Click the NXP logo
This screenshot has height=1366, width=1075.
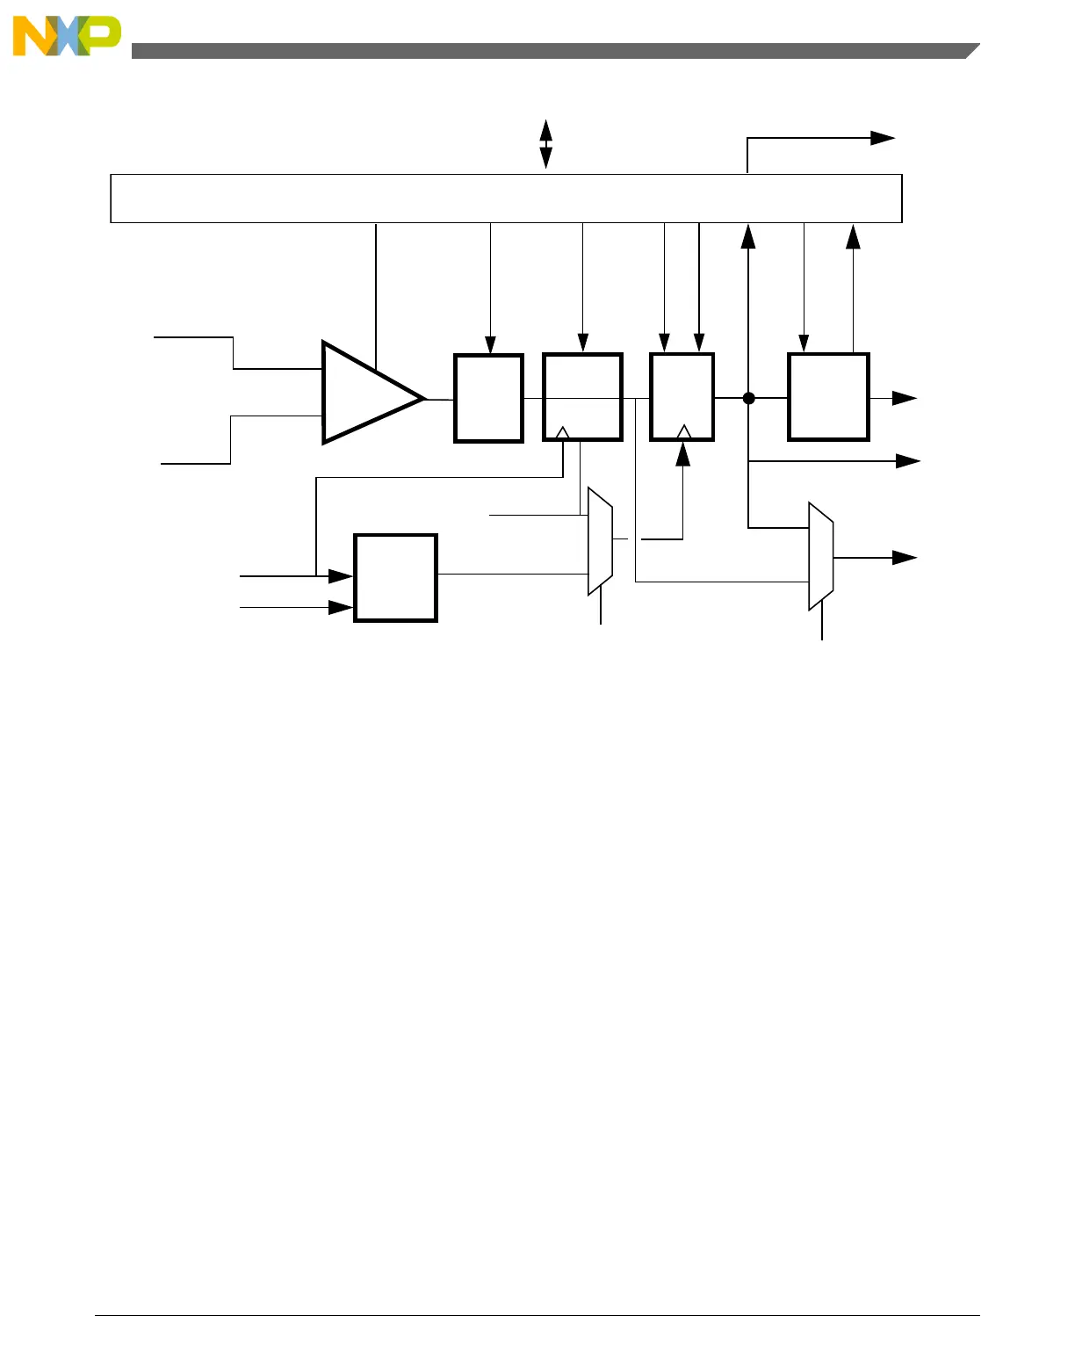[x=67, y=36]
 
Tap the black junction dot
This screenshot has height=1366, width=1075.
[x=749, y=398]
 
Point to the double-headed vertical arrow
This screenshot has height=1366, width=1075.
[x=545, y=144]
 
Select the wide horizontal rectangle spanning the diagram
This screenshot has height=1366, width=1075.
[x=506, y=199]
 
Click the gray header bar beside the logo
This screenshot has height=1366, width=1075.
[x=553, y=51]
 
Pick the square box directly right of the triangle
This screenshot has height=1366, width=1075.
[x=488, y=398]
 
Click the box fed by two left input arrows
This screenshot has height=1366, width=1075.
[x=395, y=578]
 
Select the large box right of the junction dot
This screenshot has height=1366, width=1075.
[x=828, y=397]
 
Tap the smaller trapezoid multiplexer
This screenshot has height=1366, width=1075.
[x=600, y=541]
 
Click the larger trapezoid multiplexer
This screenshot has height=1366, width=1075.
[x=820, y=556]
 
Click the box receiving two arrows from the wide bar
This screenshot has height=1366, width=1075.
[x=682, y=397]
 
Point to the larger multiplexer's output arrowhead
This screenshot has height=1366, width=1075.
[x=905, y=558]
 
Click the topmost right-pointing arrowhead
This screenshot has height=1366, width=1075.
[x=883, y=138]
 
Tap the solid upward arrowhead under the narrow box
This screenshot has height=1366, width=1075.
[x=682, y=454]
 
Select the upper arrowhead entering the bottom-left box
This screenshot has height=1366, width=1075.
[x=341, y=576]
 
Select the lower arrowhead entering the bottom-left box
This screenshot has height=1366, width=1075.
[x=341, y=607]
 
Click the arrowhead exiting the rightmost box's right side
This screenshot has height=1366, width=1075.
[x=905, y=398]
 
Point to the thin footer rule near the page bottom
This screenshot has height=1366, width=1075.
[x=537, y=1315]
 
